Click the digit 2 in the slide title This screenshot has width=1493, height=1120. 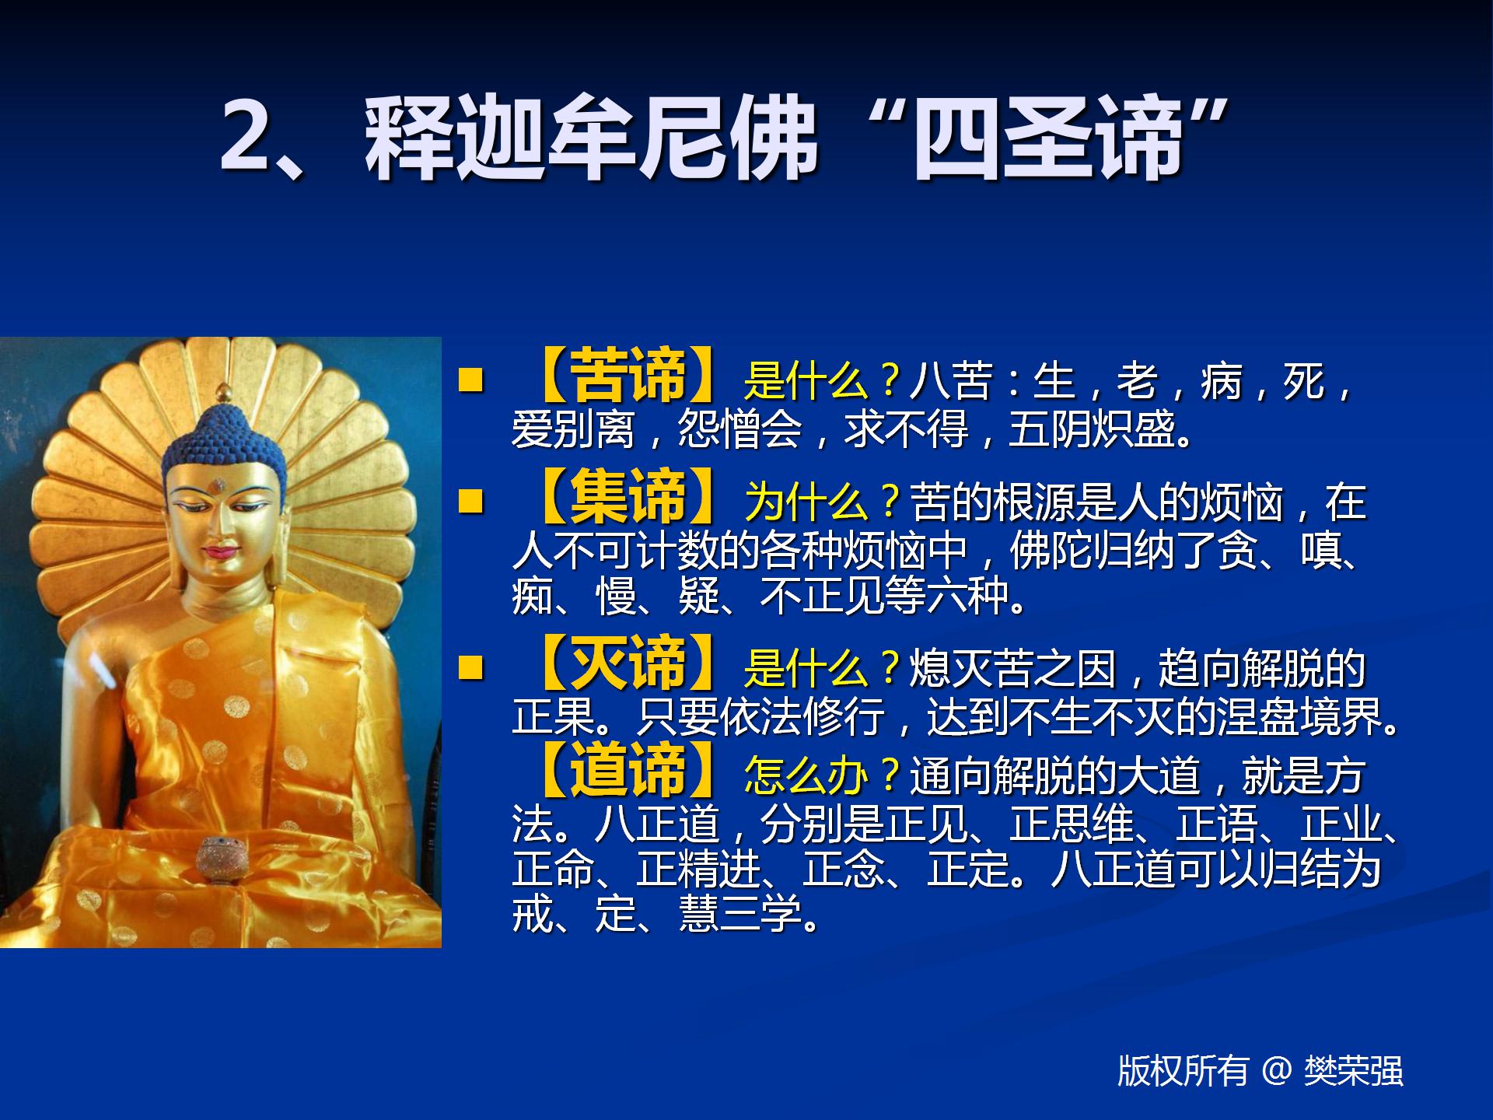247,137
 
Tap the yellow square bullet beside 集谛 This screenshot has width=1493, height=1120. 471,501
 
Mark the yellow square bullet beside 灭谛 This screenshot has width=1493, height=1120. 471,667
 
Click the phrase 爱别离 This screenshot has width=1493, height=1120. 574,429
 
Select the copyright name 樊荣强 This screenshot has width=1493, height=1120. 1354,1071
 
